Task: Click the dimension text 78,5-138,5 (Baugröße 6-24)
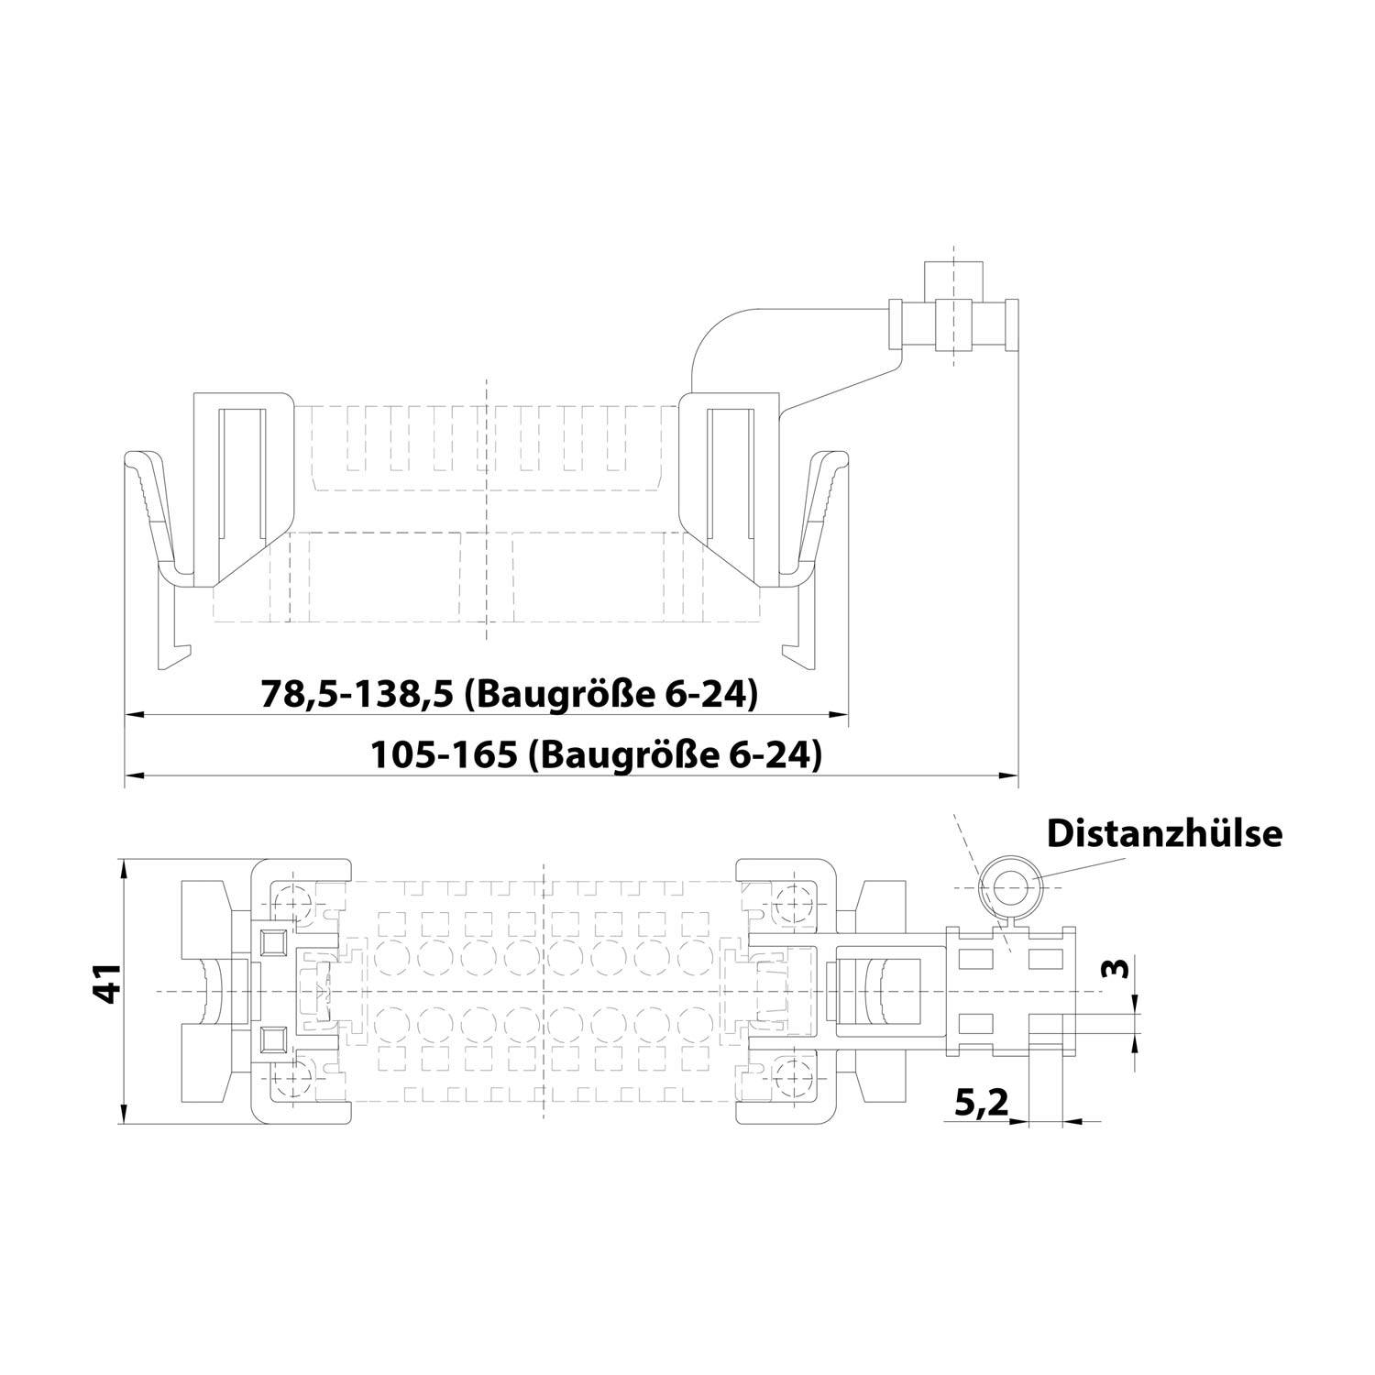[x=510, y=695]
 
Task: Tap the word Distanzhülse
[x=1164, y=833]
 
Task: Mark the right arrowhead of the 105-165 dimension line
[x=1008, y=776]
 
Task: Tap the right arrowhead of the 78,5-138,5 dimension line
[x=836, y=715]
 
